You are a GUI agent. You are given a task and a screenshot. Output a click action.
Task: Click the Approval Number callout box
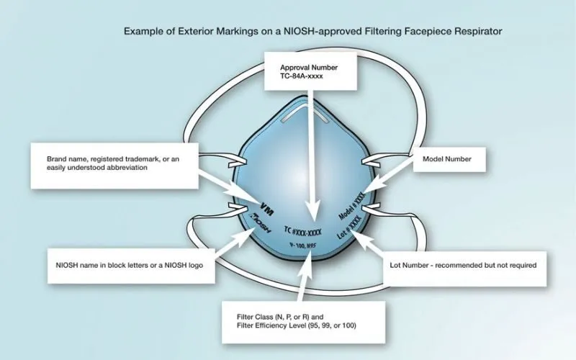311,71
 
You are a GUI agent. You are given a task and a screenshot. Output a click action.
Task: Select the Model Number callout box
449,159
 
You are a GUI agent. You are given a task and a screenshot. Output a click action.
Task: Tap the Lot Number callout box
464,269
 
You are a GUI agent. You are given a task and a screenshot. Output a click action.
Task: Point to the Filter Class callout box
303,322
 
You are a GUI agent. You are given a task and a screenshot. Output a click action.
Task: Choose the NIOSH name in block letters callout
131,266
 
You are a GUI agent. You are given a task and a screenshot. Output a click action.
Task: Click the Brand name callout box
114,166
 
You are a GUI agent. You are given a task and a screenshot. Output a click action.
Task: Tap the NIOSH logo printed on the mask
260,223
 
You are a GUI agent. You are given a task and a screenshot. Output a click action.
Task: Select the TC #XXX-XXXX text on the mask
302,231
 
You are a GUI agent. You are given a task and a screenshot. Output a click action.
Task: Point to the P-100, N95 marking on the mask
303,246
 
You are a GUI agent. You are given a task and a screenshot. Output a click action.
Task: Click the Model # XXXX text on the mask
352,206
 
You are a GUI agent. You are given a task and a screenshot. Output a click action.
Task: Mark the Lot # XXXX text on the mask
350,228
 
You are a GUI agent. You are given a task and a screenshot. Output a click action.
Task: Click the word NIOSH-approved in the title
323,31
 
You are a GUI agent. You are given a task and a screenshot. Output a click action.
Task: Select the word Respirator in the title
478,31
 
